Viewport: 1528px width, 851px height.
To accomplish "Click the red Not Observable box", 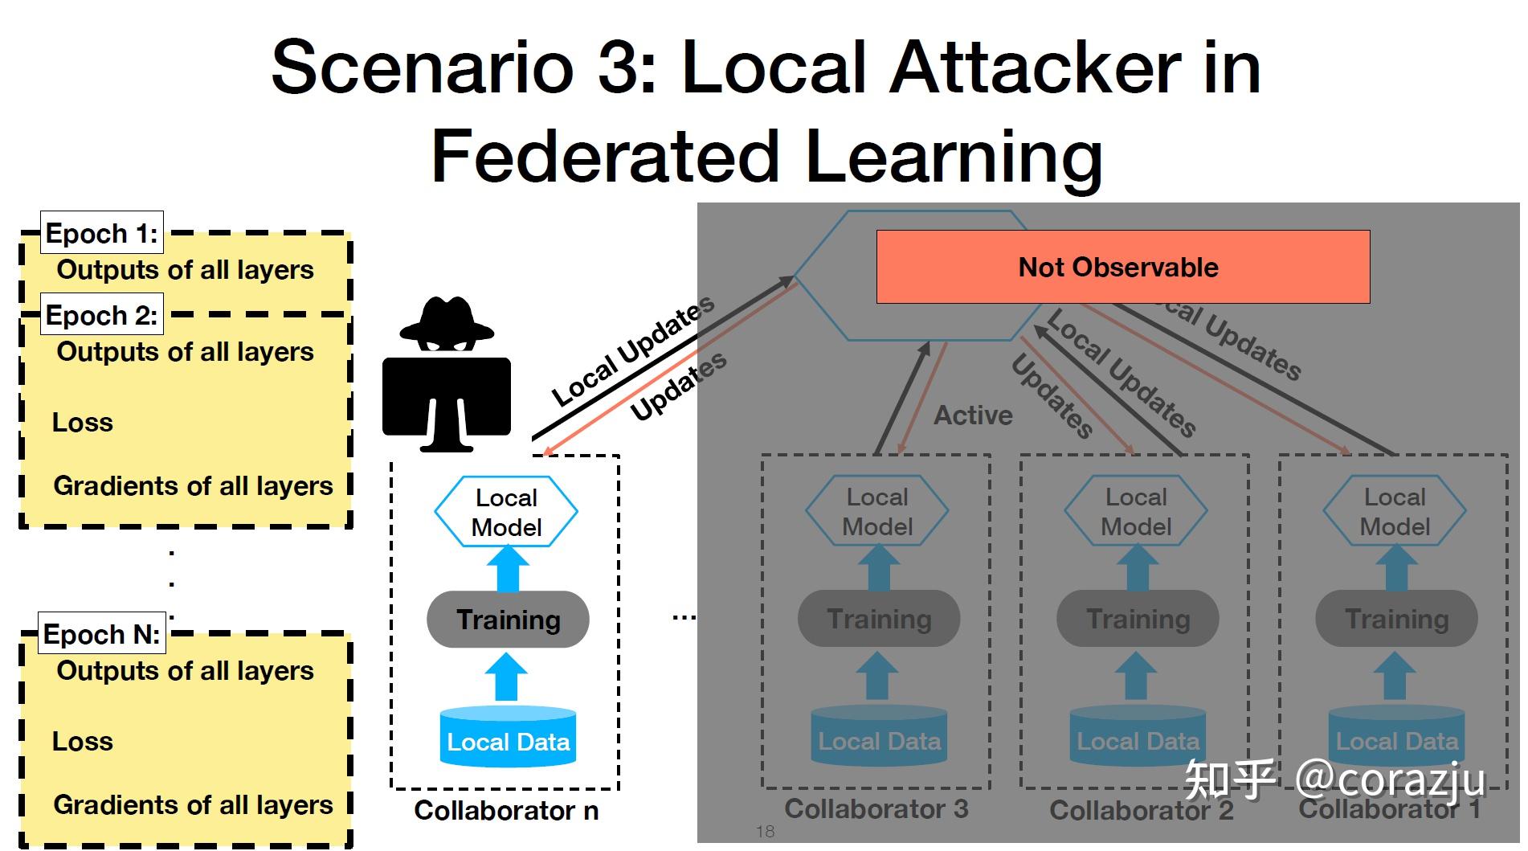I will point(1122,267).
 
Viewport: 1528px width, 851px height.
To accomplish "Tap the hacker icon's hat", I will point(447,318).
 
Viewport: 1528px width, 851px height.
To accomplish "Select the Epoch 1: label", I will point(102,234).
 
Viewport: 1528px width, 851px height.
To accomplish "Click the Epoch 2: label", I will point(102,315).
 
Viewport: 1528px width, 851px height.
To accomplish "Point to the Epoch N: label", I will point(102,634).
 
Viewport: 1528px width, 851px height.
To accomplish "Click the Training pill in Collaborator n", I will point(508,620).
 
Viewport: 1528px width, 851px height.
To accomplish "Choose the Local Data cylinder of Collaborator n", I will point(508,737).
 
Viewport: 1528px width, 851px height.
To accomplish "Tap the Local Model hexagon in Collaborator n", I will point(506,512).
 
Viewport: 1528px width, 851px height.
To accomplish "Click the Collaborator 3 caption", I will point(876,809).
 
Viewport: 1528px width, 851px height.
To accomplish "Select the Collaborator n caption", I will point(506,811).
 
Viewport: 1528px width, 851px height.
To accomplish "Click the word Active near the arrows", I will point(973,415).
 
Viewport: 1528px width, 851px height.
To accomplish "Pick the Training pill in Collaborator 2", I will point(1138,620).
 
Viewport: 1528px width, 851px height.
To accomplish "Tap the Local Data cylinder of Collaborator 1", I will point(1396,737).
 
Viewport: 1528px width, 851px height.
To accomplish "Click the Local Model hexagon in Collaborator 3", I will point(877,512).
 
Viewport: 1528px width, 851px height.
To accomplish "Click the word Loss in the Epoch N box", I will point(83,742).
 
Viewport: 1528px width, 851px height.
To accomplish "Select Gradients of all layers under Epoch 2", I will point(193,486).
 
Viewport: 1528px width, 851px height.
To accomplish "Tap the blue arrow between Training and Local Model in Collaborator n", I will point(507,568).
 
